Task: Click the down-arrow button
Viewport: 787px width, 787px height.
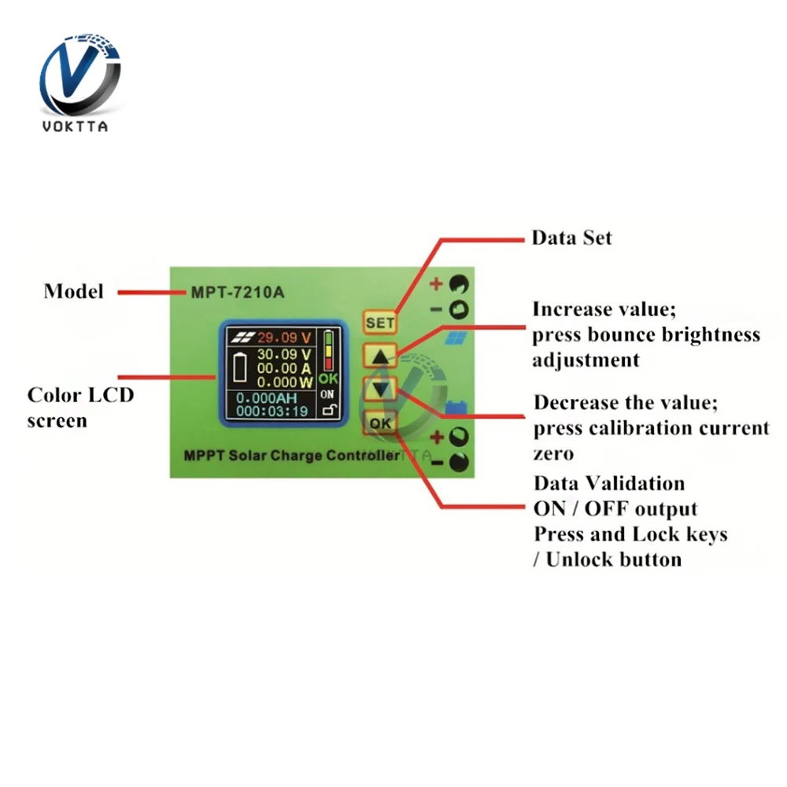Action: click(x=380, y=388)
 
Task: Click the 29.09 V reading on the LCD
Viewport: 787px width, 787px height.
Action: click(x=285, y=338)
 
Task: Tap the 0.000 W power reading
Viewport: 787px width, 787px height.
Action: click(x=285, y=382)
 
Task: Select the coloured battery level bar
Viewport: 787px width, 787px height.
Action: click(x=328, y=351)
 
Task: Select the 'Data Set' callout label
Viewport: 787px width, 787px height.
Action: click(x=571, y=238)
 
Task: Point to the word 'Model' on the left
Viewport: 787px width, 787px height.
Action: click(x=73, y=291)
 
